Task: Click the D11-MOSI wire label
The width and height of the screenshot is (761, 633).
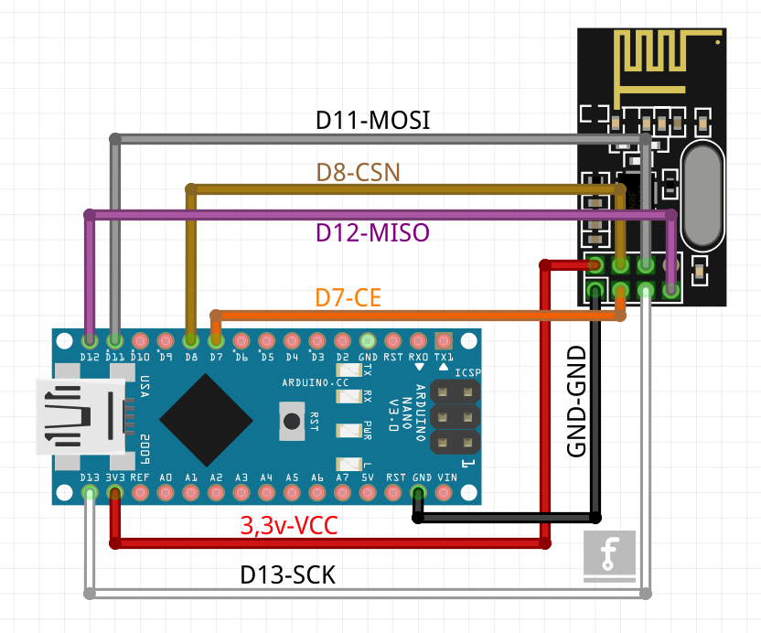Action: [x=372, y=121]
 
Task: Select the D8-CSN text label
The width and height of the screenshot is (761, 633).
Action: [x=359, y=172]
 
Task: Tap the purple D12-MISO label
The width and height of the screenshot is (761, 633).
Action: [x=372, y=232]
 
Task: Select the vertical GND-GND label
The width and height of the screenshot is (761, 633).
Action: [x=576, y=403]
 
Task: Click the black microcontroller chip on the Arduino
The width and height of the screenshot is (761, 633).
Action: [x=206, y=417]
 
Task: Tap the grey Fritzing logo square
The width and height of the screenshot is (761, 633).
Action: [x=610, y=556]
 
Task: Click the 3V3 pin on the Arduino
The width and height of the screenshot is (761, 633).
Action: [x=115, y=493]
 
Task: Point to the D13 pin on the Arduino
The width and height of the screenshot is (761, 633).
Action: [x=90, y=493]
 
